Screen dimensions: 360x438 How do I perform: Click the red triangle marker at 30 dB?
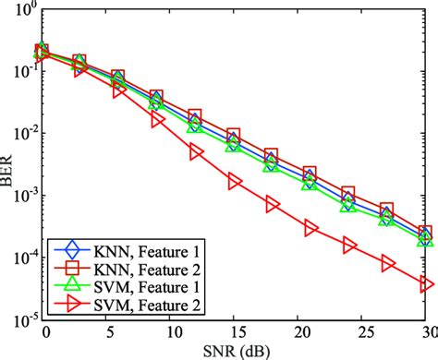[x=426, y=285]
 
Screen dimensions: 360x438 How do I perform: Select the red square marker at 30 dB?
[x=426, y=233]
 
